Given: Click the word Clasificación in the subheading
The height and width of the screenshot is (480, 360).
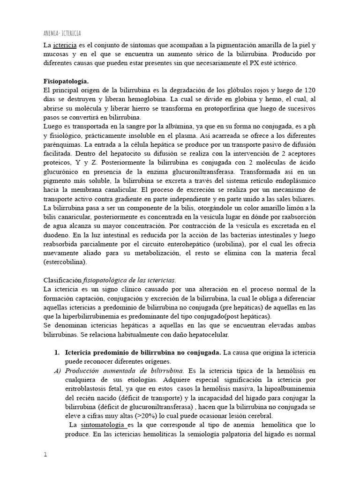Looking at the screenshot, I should click(x=62, y=280).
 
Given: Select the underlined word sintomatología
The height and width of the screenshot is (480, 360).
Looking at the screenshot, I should click(x=103, y=425).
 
